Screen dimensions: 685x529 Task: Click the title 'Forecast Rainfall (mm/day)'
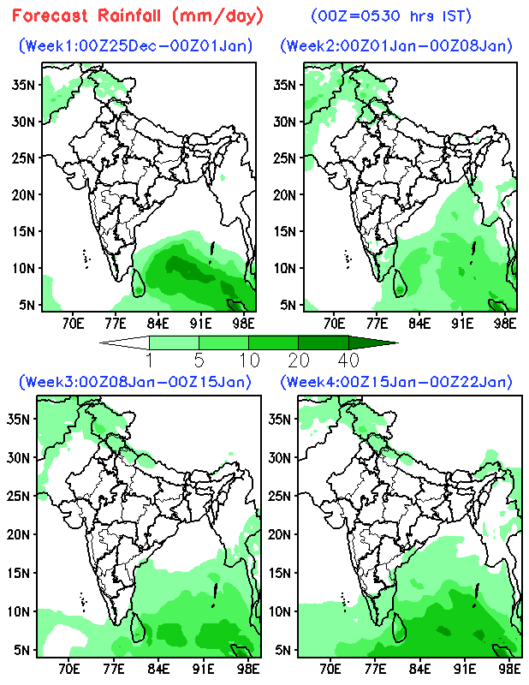pos(138,15)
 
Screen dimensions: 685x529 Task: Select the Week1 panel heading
pos(135,45)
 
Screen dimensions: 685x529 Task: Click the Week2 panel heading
pos(396,45)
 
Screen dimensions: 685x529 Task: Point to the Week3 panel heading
pos(134,381)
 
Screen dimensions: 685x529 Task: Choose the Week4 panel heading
pos(396,381)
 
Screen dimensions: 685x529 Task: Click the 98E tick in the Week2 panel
pos(506,323)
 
